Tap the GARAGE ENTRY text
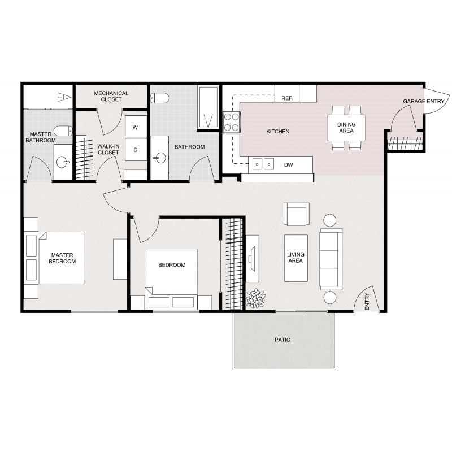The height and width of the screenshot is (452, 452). point(423,102)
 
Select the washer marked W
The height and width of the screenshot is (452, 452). point(135,128)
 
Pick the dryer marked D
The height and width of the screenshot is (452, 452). point(135,150)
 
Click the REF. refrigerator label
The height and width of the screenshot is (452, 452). point(287,98)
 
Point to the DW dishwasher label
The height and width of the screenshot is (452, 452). point(288,165)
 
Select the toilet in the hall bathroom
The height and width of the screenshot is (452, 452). point(160,98)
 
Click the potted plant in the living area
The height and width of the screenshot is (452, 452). point(256,298)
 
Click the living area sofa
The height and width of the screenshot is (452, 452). point(331,259)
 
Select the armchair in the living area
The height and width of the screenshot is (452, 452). point(297,213)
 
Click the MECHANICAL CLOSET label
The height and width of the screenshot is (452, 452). point(111,96)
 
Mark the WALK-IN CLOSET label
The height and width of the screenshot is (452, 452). point(108,149)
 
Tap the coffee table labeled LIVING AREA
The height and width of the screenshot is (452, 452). point(295,258)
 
